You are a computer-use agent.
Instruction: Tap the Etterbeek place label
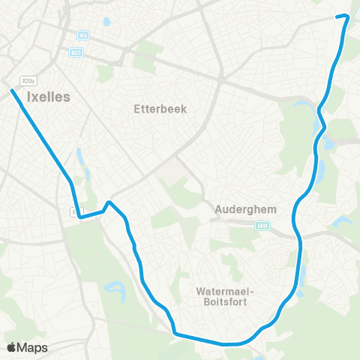point(159,108)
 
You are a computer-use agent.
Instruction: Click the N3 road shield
point(82,34)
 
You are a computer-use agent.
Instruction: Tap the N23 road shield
point(76,52)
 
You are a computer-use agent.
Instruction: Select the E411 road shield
point(262,225)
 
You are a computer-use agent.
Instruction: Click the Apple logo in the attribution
point(12,347)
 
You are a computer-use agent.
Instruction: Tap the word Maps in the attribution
point(32,347)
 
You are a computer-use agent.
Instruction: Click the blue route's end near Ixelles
point(13,91)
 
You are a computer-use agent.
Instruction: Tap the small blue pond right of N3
point(105,22)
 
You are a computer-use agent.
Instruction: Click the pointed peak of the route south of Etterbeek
point(109,202)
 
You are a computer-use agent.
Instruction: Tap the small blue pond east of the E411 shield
point(343,221)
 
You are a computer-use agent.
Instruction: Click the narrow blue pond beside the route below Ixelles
point(79,157)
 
